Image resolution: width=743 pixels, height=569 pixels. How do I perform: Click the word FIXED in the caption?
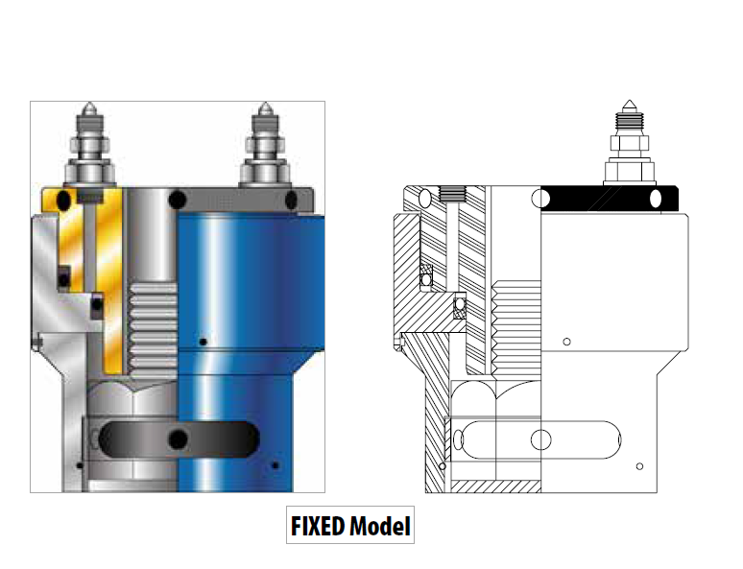point(319,526)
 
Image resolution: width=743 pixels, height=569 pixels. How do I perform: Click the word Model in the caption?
point(380,526)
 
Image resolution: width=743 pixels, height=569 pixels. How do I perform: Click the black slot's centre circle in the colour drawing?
point(178,439)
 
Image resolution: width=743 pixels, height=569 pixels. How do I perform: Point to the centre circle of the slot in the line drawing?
point(541,439)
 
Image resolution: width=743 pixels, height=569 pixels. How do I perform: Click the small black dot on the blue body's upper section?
point(202,342)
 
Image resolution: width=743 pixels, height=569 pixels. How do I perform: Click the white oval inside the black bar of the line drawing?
point(657,198)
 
